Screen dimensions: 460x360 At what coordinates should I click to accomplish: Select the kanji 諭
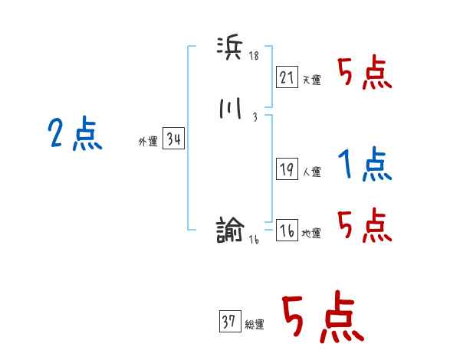tap(230, 229)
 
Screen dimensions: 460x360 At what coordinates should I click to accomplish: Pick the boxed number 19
tap(287, 170)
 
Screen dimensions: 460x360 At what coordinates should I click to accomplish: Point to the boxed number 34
tap(173, 139)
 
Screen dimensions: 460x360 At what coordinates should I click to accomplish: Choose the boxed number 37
tap(229, 322)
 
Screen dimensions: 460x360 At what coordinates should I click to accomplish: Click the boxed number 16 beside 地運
tap(287, 231)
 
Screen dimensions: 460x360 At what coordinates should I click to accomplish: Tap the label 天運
tap(311, 79)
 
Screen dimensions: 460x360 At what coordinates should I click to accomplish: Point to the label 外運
tap(148, 142)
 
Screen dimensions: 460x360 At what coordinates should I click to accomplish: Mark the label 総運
tap(255, 325)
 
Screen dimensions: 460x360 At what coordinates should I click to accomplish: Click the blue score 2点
tap(75, 135)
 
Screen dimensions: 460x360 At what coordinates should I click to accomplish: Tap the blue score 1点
tap(365, 164)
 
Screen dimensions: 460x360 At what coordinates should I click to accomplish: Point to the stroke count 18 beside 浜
tap(255, 56)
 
